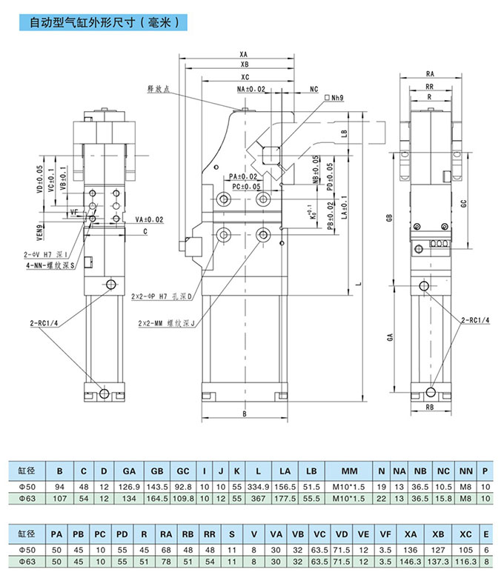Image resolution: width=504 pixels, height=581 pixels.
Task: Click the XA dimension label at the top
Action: (x=244, y=54)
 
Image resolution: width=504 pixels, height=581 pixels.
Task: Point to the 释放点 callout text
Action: (x=158, y=89)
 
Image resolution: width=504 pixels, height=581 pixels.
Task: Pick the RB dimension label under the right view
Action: (x=431, y=407)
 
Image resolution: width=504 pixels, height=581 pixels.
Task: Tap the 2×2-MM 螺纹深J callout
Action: (x=165, y=323)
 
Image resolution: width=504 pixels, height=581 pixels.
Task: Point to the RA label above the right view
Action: (x=430, y=73)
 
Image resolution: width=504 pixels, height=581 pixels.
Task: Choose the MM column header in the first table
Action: (x=350, y=471)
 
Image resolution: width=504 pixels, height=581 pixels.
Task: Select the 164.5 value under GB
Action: (x=156, y=499)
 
